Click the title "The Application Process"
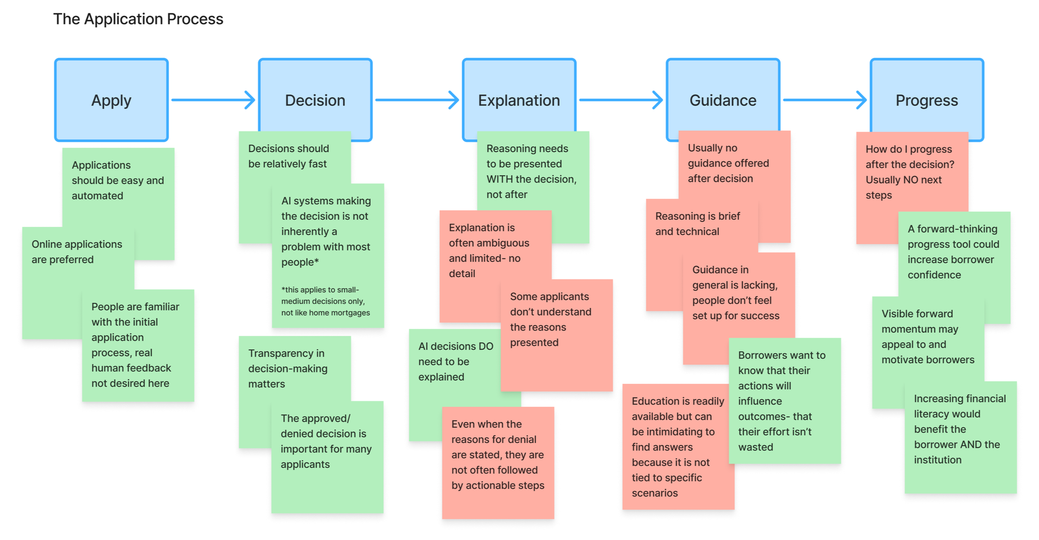[138, 19]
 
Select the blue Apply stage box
[111, 100]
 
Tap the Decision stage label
[315, 100]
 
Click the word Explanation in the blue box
[519, 100]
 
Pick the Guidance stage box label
[723, 100]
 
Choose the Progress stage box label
[927, 100]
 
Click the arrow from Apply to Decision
[213, 100]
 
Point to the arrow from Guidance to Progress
[825, 100]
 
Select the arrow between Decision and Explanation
[417, 100]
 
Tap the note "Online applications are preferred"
[77, 252]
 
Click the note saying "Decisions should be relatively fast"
[288, 156]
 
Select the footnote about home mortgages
[325, 301]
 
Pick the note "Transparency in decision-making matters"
[288, 368]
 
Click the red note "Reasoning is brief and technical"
[697, 224]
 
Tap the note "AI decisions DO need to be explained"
[455, 361]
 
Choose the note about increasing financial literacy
[960, 429]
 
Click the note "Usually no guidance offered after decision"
[728, 163]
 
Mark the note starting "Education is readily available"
[677, 447]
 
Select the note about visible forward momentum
[927, 337]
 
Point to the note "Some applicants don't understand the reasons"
[551, 319]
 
